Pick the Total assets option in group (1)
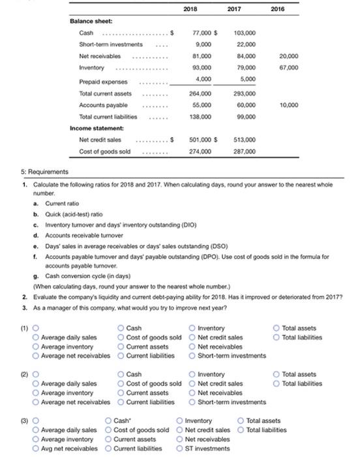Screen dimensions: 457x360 (x=278, y=328)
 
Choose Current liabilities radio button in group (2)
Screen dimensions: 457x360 (x=121, y=402)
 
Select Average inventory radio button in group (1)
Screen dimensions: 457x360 (x=36, y=346)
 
